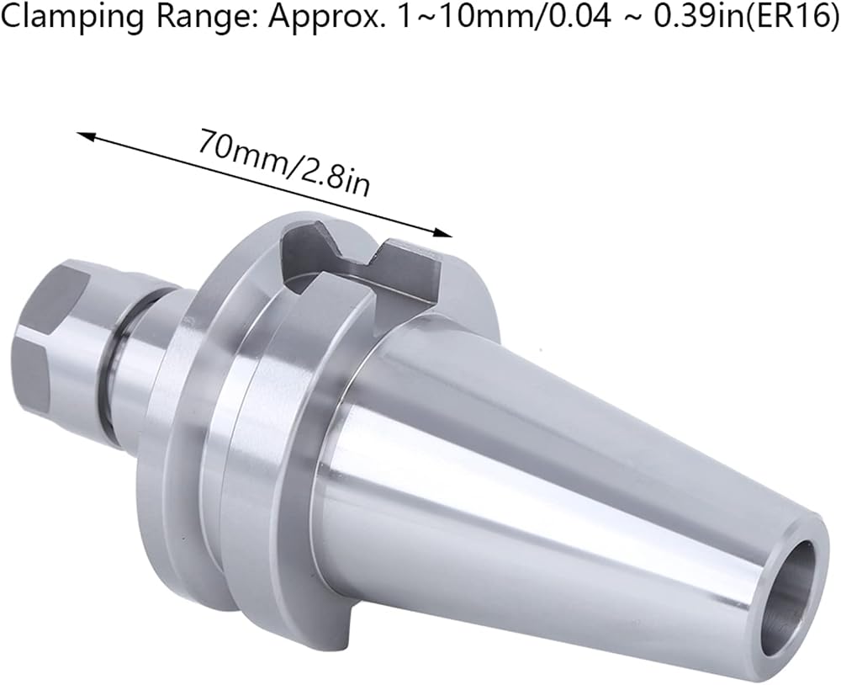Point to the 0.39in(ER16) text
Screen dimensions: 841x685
tap(745, 16)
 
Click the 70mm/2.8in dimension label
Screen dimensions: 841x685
tap(284, 164)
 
